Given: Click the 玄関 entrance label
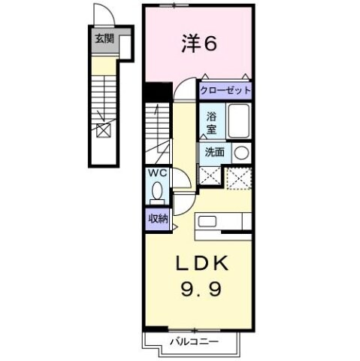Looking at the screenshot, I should point(104,38).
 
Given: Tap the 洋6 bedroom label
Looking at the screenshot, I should point(199,44).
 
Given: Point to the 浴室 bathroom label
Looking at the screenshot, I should point(213,123).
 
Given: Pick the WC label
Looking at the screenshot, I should point(156,174).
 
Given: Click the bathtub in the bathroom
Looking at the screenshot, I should point(239,120).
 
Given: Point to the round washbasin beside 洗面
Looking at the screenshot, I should point(241,152).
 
